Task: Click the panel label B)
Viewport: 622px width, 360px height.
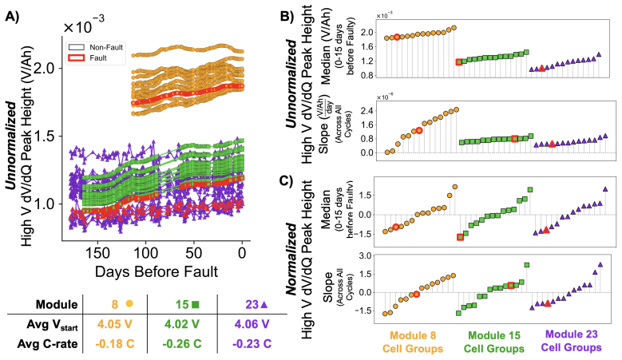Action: tap(287, 16)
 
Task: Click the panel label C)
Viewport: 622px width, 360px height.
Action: tap(287, 180)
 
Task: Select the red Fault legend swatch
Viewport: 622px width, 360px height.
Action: tap(76, 58)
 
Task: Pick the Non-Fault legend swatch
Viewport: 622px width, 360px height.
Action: tap(76, 47)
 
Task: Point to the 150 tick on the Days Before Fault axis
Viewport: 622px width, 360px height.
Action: tap(97, 253)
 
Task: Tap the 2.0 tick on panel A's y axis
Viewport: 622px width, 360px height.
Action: tap(50, 68)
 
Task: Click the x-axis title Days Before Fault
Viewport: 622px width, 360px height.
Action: tap(156, 272)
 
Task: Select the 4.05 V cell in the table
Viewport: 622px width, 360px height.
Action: tap(115, 324)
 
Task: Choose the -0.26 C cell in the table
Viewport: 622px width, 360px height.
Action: tap(182, 343)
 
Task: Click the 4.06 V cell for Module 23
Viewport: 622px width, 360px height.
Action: tap(252, 324)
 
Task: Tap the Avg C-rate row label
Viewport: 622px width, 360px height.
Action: tap(47, 343)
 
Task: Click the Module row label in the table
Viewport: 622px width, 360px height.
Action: tap(57, 304)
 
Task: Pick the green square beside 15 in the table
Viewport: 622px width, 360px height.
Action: tap(195, 304)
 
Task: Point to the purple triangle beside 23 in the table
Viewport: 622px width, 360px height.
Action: tap(263, 304)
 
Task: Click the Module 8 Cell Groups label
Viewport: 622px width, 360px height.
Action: tap(413, 342)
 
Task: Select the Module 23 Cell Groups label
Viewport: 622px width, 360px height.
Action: tap(571, 341)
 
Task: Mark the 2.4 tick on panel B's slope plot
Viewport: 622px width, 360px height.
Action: tap(367, 111)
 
